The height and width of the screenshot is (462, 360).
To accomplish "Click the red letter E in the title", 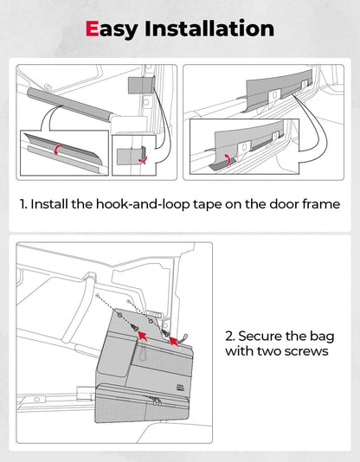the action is [x=92, y=29].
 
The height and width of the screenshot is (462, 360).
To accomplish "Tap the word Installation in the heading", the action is [x=209, y=29].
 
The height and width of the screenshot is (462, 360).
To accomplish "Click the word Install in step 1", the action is [x=49, y=204].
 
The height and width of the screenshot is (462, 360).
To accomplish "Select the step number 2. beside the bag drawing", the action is [x=230, y=337].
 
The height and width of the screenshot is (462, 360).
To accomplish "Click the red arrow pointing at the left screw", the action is [x=143, y=336].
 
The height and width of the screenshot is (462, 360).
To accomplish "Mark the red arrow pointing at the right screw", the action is [x=174, y=341].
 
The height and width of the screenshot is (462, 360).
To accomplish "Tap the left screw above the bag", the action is [x=135, y=328].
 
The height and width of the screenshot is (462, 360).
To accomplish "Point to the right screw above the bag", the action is [x=165, y=333].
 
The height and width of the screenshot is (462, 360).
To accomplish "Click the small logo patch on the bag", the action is [x=180, y=388].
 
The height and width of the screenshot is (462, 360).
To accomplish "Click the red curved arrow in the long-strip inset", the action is [x=57, y=149].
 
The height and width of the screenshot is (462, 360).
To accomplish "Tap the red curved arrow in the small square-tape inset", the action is [x=143, y=159].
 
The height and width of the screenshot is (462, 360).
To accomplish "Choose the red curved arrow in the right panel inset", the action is [x=227, y=159].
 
